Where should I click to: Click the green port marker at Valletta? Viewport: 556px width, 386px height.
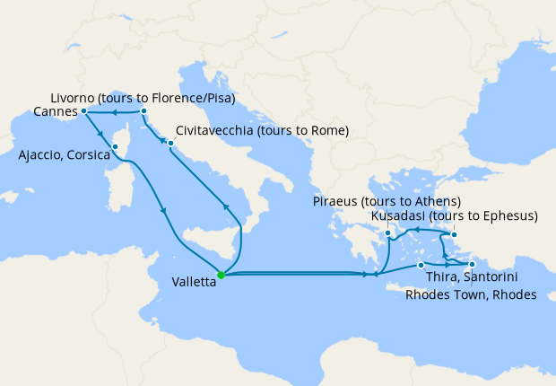click(221, 275)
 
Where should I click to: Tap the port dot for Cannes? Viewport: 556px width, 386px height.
click(83, 111)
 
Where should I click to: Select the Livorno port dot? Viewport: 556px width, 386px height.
click(143, 111)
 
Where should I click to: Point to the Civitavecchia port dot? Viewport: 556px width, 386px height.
click(170, 143)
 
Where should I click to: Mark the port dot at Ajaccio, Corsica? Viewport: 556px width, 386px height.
click(115, 146)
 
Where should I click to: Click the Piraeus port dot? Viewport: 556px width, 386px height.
click(387, 234)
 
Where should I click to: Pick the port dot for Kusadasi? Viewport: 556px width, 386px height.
click(454, 235)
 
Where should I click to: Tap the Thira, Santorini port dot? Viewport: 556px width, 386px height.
click(421, 265)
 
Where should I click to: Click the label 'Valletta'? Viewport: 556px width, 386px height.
click(193, 281)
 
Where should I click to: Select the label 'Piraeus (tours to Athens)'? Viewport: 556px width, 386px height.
click(387, 200)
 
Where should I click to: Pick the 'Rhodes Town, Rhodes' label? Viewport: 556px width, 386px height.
click(471, 294)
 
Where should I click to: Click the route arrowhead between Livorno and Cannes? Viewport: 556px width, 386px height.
click(114, 112)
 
